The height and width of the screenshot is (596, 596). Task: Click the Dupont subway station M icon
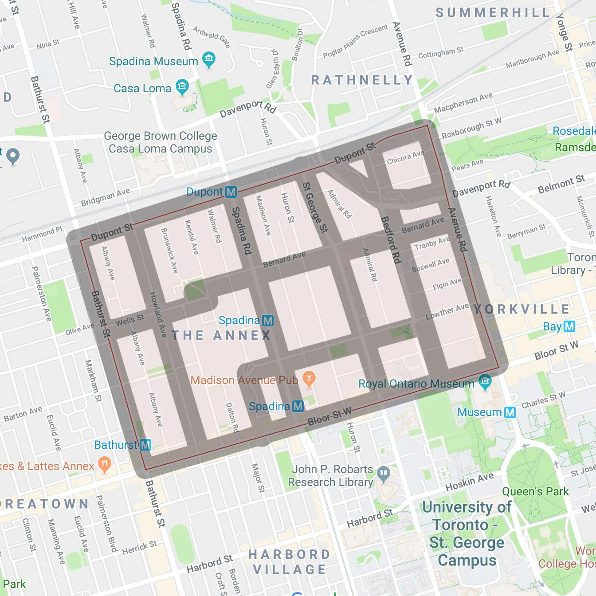pos(231,192)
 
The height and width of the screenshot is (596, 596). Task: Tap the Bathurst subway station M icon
pos(145,445)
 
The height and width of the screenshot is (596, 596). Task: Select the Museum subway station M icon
pos(510,412)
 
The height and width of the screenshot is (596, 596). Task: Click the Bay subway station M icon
pos(569,327)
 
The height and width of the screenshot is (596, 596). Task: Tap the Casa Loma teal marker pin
pos(182,86)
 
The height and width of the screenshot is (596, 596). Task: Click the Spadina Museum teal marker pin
pos(208,59)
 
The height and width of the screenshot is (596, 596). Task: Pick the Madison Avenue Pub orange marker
pos(309,379)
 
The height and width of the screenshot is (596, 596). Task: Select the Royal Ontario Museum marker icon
pos(485,382)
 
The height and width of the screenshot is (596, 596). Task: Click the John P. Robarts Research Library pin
pos(384,474)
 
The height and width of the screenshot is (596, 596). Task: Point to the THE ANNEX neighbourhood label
pos(221,335)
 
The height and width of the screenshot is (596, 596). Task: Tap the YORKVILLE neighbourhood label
pos(521,309)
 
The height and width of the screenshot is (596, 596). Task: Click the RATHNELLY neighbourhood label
pos(362,80)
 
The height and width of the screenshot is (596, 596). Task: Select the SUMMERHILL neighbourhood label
pos(492,12)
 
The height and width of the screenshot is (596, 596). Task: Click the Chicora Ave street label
pos(405,157)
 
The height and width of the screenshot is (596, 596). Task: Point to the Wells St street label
pos(129,320)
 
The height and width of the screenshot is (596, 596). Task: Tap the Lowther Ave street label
pos(447,311)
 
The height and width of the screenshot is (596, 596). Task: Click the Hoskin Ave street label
pos(469,482)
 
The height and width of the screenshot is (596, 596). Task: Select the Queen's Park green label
pos(535,491)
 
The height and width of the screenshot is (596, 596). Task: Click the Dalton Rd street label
pos(232,417)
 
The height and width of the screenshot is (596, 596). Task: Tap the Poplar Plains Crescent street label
pos(355,42)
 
